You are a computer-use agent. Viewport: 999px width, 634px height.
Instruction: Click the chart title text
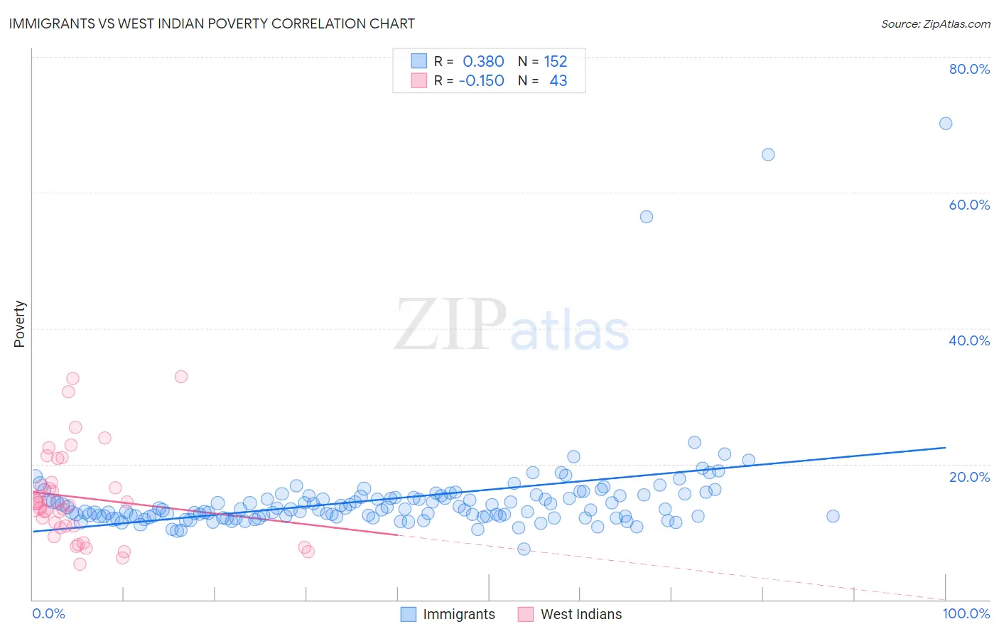point(212,23)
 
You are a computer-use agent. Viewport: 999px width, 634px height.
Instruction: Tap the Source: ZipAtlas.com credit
point(935,23)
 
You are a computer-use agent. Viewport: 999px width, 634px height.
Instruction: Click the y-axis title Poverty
point(19,324)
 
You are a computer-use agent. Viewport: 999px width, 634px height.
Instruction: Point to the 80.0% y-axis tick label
point(969,69)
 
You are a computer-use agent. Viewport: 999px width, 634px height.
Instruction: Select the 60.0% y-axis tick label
point(969,205)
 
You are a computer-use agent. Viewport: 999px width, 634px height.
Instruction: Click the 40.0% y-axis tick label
point(969,340)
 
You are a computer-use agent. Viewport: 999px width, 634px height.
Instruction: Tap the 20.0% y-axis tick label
point(969,477)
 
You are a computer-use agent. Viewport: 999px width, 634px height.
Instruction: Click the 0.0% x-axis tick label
point(48,613)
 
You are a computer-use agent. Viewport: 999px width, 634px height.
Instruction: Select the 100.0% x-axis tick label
point(966,613)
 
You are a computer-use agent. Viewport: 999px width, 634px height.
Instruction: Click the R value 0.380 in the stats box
point(483,62)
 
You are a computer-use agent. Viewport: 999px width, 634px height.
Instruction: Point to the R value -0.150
point(481,81)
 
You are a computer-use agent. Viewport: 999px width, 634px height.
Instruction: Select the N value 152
point(556,62)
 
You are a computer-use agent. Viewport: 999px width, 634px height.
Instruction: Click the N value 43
point(558,81)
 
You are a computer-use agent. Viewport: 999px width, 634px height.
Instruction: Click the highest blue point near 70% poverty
point(946,124)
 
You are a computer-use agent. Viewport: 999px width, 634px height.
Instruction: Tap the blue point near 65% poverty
point(768,155)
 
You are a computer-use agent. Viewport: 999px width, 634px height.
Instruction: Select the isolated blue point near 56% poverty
point(647,217)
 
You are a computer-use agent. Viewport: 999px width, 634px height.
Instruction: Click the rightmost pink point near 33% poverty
point(181,377)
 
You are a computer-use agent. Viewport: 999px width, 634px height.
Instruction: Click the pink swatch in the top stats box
point(419,81)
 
